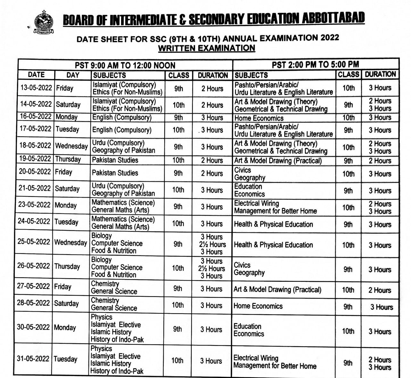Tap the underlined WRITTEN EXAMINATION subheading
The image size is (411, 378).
coord(207,48)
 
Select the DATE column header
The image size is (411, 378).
coord(36,75)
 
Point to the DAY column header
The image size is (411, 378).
coord(73,75)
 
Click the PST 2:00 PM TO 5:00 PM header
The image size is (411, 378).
coord(315,64)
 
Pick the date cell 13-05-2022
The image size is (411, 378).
coord(36,88)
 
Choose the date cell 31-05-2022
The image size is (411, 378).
coord(33,359)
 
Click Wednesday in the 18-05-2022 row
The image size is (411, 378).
coord(71,146)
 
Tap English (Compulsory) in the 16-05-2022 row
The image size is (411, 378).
coord(122,117)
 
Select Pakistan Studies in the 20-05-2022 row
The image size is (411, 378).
coord(115,173)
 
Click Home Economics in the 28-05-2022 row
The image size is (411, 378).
coord(258,306)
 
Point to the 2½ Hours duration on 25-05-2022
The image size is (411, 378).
coord(212,244)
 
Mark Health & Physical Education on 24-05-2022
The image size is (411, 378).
coord(273,224)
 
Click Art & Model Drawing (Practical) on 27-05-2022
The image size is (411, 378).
coord(277,290)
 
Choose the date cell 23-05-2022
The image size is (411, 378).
coord(34,205)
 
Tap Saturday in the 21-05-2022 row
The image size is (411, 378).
coord(67,189)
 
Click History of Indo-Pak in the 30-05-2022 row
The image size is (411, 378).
coord(117,339)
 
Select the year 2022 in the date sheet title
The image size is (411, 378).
coord(326,38)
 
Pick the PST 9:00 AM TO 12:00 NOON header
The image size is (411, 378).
coord(125,65)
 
